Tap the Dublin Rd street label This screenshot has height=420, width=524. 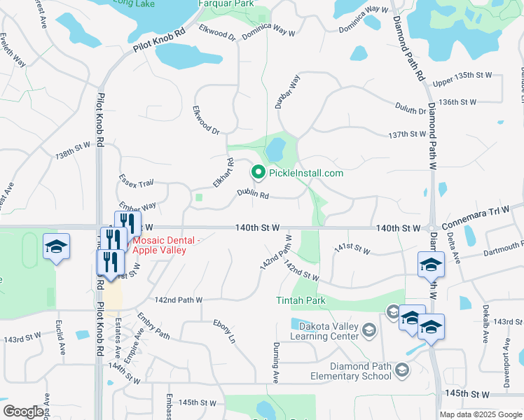[x=253, y=194]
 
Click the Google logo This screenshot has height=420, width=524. [x=23, y=412]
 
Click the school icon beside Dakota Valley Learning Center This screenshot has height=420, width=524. [x=371, y=328]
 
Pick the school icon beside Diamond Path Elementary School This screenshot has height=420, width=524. [x=403, y=369]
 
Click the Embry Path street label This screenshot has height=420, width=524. [x=153, y=325]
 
